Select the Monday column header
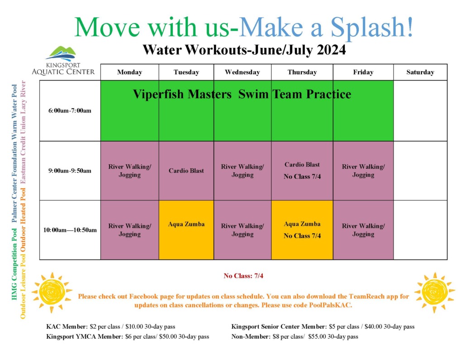pyautogui.click(x=129, y=72)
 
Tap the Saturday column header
pyautogui.click(x=420, y=72)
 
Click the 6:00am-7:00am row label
pyautogui.click(x=70, y=111)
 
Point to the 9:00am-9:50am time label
pyautogui.click(x=70, y=171)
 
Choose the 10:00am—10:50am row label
pyautogui.click(x=70, y=230)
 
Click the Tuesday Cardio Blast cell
pyautogui.click(x=186, y=171)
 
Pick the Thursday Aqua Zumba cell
pyautogui.click(x=302, y=229)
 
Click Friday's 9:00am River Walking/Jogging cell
pyautogui.click(x=363, y=171)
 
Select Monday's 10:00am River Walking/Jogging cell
pyautogui.click(x=129, y=230)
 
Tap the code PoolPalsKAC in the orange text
pyautogui.click(x=329, y=305)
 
